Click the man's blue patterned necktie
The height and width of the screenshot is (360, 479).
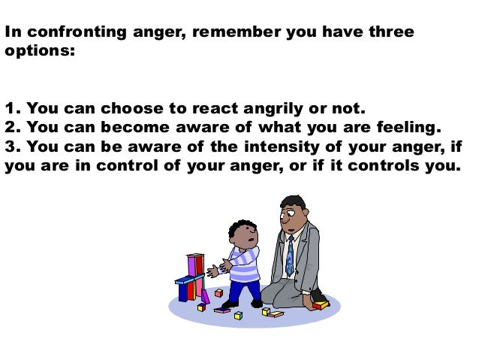(x=290, y=256)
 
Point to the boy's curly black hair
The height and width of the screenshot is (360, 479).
(x=242, y=226)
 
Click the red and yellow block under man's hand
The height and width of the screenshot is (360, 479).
(x=321, y=305)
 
